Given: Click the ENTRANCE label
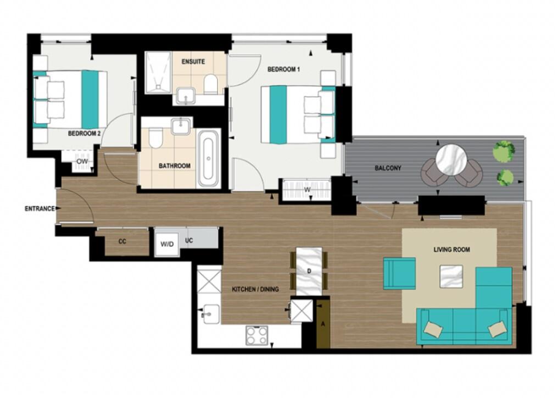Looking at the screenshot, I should pos(40,209).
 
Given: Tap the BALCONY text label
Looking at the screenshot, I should pos(388,168).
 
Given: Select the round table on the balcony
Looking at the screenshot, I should pos(451,160).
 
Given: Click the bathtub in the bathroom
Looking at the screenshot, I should pos(208,159).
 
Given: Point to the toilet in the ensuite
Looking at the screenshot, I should pos(210,83).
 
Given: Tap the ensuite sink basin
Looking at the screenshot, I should pos(187,97).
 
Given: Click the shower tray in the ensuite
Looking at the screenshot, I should pos(159,74).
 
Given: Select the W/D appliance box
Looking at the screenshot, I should pos(166,243).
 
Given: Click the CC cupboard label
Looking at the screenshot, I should pos(123,242).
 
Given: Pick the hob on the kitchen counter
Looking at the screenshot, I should pos(256,335).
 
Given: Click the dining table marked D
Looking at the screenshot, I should pos(309,271).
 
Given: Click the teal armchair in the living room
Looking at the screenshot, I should pos(399,273).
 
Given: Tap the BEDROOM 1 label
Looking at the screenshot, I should pos(283,70).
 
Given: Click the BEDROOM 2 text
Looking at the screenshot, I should pos(84,133).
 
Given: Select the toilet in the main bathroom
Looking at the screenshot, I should pos(155,138).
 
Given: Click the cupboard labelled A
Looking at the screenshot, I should pos(322,323).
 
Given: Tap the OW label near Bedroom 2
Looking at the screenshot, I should pos(82,161).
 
